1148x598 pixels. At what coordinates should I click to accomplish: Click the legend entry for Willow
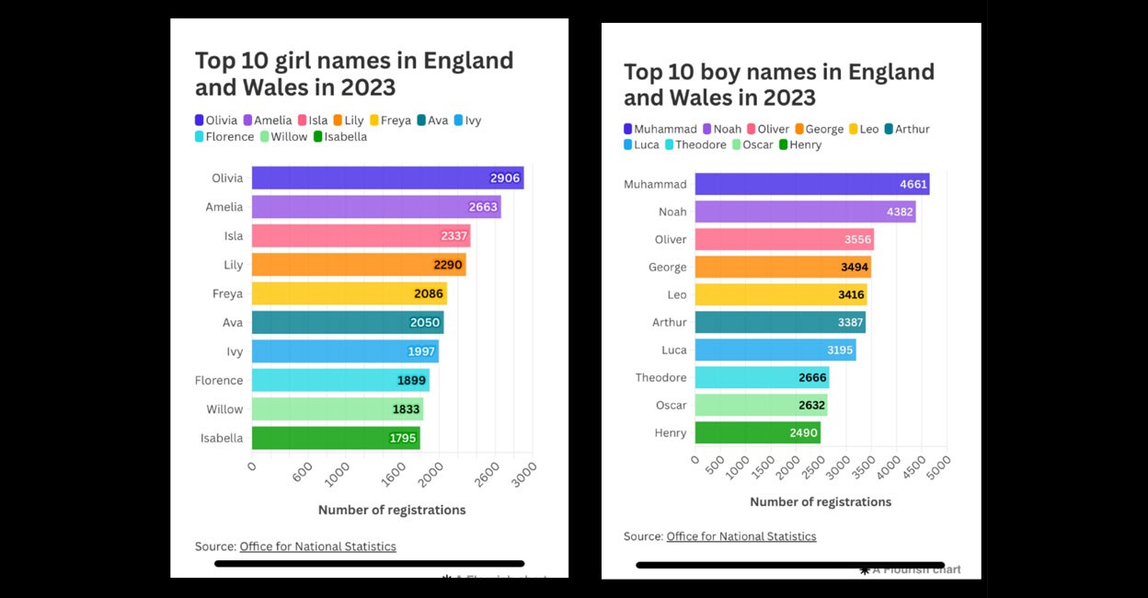pyautogui.click(x=284, y=137)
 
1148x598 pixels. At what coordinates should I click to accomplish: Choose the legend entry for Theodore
pyautogui.click(x=695, y=144)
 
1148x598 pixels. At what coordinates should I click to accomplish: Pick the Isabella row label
pyautogui.click(x=222, y=438)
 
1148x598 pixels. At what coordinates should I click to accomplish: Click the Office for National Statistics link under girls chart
pyautogui.click(x=317, y=546)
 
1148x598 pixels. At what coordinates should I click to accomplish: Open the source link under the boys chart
pyautogui.click(x=740, y=536)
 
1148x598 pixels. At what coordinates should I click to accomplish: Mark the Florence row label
pyautogui.click(x=219, y=380)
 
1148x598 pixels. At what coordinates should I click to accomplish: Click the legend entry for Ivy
pyautogui.click(x=467, y=121)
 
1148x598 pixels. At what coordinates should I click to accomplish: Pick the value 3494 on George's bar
pyautogui.click(x=854, y=267)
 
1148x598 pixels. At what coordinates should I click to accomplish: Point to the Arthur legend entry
pyautogui.click(x=906, y=130)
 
